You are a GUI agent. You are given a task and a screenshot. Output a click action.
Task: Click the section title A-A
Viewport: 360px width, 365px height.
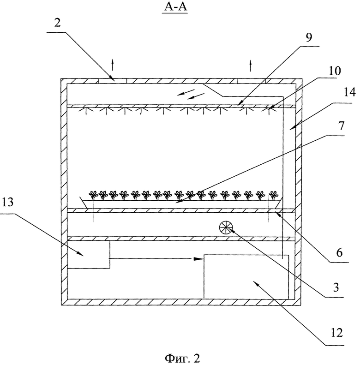[x=175, y=6]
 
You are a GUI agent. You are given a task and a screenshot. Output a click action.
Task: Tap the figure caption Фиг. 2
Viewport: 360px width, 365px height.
[x=182, y=358]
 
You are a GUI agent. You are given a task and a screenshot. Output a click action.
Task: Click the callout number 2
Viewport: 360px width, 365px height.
[x=57, y=23]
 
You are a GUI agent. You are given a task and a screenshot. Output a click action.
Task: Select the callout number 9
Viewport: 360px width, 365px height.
[x=309, y=37]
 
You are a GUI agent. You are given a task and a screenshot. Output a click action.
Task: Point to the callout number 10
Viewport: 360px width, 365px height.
[x=334, y=71]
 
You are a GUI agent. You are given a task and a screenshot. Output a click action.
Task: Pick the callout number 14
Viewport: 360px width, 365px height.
[x=349, y=92]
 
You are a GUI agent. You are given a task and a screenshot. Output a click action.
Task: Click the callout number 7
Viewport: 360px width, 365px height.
[x=341, y=126]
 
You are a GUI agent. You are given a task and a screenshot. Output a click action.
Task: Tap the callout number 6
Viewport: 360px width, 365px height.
[x=339, y=252]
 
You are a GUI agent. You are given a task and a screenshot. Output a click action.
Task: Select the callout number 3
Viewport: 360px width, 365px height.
[x=336, y=288]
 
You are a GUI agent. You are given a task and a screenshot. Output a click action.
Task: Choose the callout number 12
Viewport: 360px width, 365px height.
[x=336, y=333]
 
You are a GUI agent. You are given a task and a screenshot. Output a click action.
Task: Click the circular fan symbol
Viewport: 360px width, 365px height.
[x=226, y=227]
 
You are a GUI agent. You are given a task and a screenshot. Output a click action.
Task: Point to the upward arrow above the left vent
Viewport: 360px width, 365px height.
[x=113, y=65]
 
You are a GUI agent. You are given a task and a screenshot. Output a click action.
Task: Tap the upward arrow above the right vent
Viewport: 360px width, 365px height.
[x=251, y=66]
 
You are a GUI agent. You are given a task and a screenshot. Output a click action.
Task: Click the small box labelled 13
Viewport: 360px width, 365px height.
[x=89, y=254]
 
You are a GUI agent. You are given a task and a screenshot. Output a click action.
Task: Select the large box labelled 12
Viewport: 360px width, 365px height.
[x=246, y=276]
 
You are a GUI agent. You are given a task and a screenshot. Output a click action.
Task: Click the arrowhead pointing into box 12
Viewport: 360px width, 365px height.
[x=199, y=258]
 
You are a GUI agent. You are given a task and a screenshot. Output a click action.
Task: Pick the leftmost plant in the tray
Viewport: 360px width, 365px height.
[x=93, y=195]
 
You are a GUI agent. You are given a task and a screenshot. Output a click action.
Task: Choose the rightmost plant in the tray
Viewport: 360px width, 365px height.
[x=273, y=195]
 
